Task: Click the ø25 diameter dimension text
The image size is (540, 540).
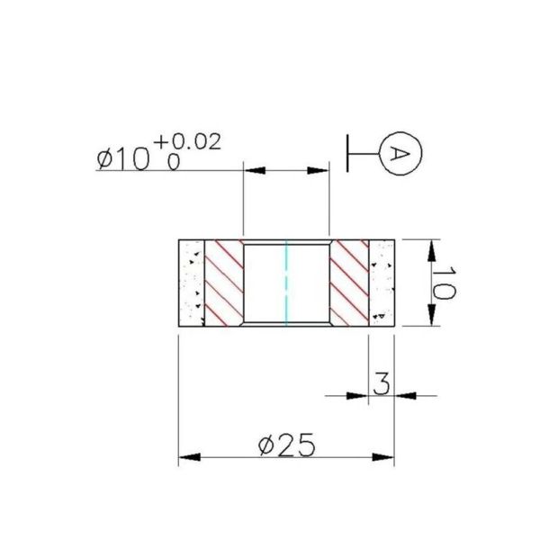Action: pyautogui.click(x=287, y=445)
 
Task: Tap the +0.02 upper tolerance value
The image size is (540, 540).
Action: pyautogui.click(x=187, y=142)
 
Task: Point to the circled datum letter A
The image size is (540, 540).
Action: pyautogui.click(x=400, y=155)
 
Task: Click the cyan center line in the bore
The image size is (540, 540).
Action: pyautogui.click(x=285, y=283)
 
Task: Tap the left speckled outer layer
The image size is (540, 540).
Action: pyautogui.click(x=192, y=283)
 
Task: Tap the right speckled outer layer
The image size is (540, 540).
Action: pyautogui.click(x=382, y=283)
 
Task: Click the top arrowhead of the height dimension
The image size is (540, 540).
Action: pyautogui.click(x=433, y=248)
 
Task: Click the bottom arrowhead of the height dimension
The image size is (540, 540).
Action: pyautogui.click(x=433, y=317)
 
